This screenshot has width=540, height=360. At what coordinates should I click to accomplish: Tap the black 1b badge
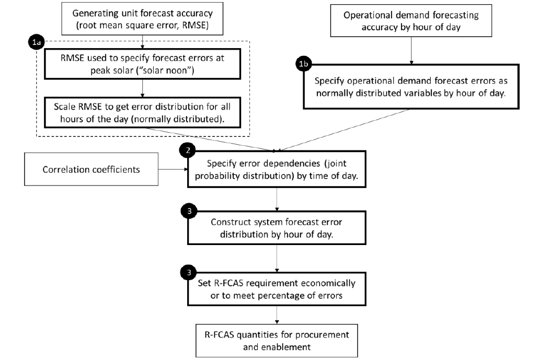(x=304, y=65)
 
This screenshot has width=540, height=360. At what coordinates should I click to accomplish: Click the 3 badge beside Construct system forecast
(x=188, y=211)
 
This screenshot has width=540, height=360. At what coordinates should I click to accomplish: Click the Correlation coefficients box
(x=91, y=169)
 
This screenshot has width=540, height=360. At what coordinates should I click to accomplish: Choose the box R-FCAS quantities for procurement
(x=277, y=339)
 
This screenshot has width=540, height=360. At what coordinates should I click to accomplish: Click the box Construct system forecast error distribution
(x=277, y=228)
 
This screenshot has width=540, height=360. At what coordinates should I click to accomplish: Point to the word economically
(x=329, y=283)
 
